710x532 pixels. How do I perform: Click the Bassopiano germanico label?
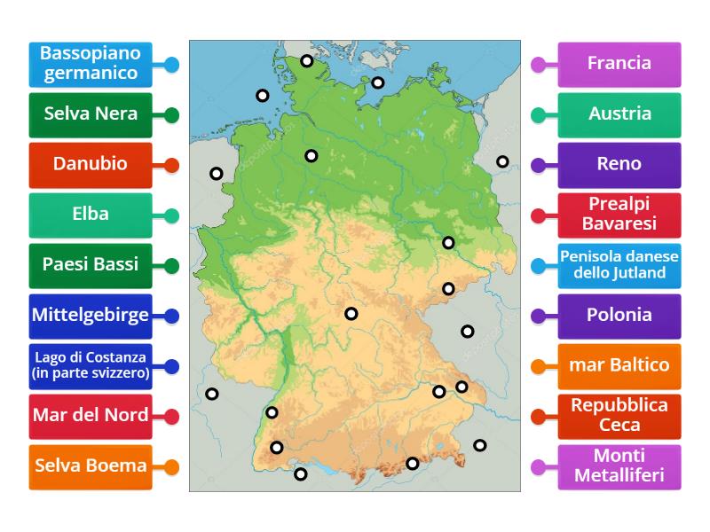tap(90, 64)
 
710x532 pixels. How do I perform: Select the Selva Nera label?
tap(90, 114)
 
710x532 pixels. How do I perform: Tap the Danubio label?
tap(90, 164)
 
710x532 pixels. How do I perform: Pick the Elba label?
tap(90, 215)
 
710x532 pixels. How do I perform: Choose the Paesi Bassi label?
tap(90, 265)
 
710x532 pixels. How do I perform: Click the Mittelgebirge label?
tap(90, 315)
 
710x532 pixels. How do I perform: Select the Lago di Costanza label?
tap(90, 365)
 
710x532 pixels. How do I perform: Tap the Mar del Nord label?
tap(90, 416)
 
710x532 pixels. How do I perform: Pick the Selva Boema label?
tap(90, 466)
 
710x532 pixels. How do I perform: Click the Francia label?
tap(619, 64)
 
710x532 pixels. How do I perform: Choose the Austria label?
tap(619, 114)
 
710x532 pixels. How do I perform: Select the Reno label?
tap(619, 164)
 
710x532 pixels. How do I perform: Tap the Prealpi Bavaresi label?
tap(619, 215)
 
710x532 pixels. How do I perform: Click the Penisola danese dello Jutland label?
tap(619, 265)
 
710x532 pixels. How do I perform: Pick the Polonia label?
tap(619, 315)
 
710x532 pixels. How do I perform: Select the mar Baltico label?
tap(619, 365)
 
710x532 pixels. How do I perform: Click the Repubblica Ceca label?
tap(619, 416)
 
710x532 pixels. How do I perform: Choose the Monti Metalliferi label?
tap(619, 466)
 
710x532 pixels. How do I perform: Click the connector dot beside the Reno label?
tap(538, 165)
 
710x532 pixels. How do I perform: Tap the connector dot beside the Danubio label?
tap(172, 165)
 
